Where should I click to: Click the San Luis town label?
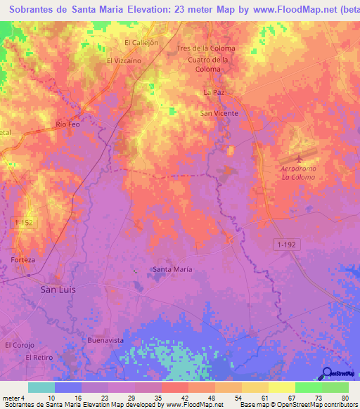pos(58,289)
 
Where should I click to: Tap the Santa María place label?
pos(173,269)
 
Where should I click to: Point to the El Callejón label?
pos(142,42)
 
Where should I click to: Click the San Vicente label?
pos(219,112)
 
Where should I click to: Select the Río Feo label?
pos(68,124)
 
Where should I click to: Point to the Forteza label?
pos(23,259)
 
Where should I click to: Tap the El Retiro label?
pos(39,357)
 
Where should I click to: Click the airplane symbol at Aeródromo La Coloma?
pos(302,157)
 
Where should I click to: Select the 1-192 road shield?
pos(285,243)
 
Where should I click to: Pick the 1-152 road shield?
pos(22,222)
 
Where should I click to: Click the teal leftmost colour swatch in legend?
pos(41,387)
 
